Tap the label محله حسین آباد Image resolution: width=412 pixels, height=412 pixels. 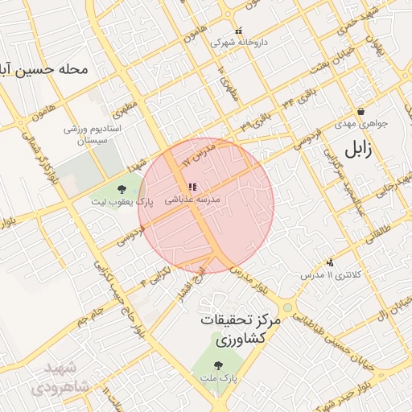click(x=43, y=70)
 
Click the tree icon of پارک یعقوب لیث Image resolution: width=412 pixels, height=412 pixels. click(x=122, y=190)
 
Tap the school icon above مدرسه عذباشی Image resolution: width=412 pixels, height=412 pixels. click(x=192, y=187)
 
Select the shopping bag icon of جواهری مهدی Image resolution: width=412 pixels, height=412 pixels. click(x=360, y=112)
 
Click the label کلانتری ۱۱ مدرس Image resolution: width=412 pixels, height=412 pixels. click(x=325, y=275)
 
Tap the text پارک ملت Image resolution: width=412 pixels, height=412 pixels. click(x=233, y=377)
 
